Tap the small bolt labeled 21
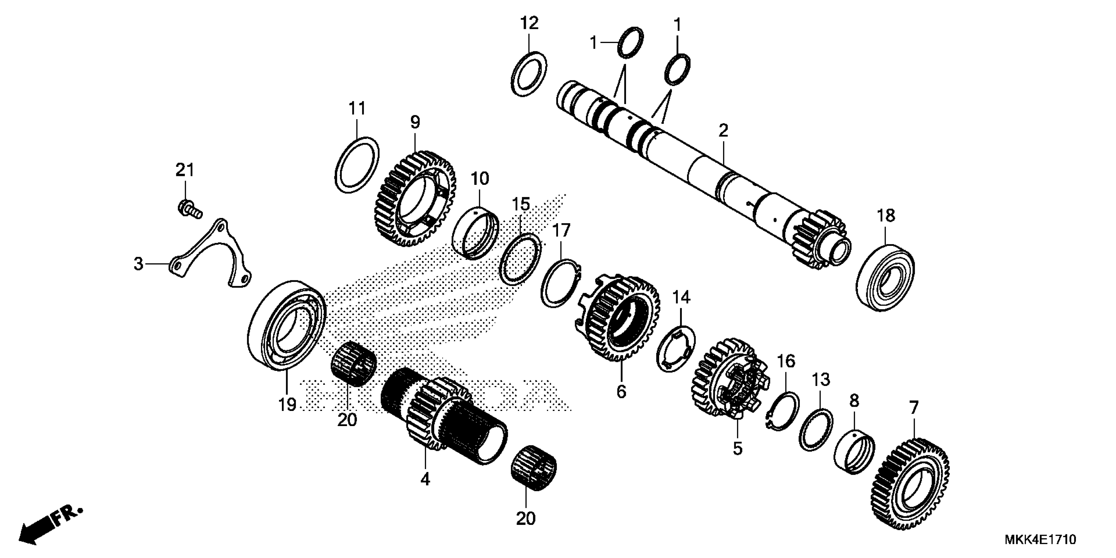tap(189, 208)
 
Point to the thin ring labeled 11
tap(357, 165)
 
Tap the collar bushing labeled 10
tap(475, 234)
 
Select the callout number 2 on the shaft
tap(723, 130)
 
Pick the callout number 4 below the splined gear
tap(425, 479)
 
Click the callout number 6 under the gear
tap(621, 392)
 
